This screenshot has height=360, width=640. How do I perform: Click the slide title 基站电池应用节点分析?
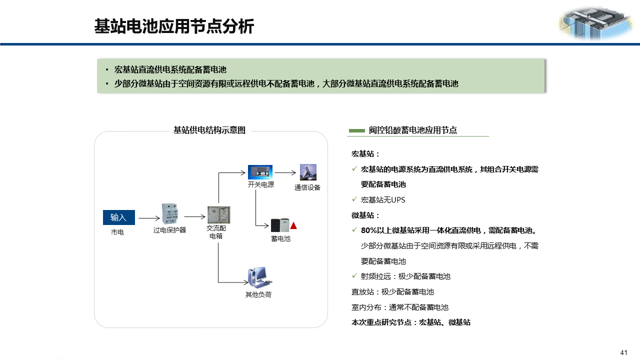[x=174, y=26]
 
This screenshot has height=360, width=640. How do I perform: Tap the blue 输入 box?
[x=118, y=217]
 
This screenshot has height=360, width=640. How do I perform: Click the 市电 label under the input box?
[x=117, y=232]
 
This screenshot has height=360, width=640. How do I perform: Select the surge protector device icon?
[x=170, y=214]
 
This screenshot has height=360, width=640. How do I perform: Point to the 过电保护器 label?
[x=169, y=230]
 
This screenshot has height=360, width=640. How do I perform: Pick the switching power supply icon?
[x=260, y=172]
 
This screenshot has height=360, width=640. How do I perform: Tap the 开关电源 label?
[x=260, y=184]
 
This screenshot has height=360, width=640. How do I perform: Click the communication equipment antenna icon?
[x=307, y=172]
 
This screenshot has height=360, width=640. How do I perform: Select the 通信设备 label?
[x=307, y=187]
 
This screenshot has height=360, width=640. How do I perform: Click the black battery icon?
[x=280, y=225]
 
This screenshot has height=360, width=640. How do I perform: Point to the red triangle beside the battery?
[x=294, y=225]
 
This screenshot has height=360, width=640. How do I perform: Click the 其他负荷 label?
[x=258, y=294]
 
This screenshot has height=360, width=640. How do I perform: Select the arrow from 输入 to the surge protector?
[x=148, y=218]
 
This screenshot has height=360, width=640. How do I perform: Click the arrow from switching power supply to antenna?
[x=285, y=173]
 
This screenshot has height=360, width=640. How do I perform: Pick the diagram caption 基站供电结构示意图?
[x=209, y=130]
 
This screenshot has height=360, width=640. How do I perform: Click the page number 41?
[x=623, y=352]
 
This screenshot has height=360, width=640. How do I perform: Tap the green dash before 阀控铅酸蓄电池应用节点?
[x=356, y=130]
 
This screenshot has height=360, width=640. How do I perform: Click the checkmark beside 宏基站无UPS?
[x=354, y=199]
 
